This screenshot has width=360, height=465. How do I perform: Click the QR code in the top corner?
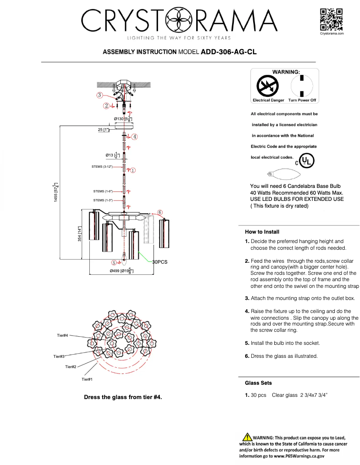pos(331,19)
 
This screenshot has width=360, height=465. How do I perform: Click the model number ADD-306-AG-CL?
pos(228,52)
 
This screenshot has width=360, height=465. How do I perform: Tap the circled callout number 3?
pos(99,95)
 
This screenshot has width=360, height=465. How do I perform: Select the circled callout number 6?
pos(159,212)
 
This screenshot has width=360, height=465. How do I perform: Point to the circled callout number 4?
pos(135,136)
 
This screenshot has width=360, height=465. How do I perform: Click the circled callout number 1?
pos(133,170)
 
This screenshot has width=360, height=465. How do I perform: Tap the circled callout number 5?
pos(114,263)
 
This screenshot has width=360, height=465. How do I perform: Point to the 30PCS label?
pos(160,262)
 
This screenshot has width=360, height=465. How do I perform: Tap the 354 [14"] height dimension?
pos(80,234)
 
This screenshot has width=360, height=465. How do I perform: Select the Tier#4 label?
pos(62,335)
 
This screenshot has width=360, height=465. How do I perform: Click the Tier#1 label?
pos(87,379)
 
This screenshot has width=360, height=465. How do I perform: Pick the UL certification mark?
pos(307,161)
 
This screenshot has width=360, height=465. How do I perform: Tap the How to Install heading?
pos(262,232)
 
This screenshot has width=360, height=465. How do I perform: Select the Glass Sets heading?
pos(258,383)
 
